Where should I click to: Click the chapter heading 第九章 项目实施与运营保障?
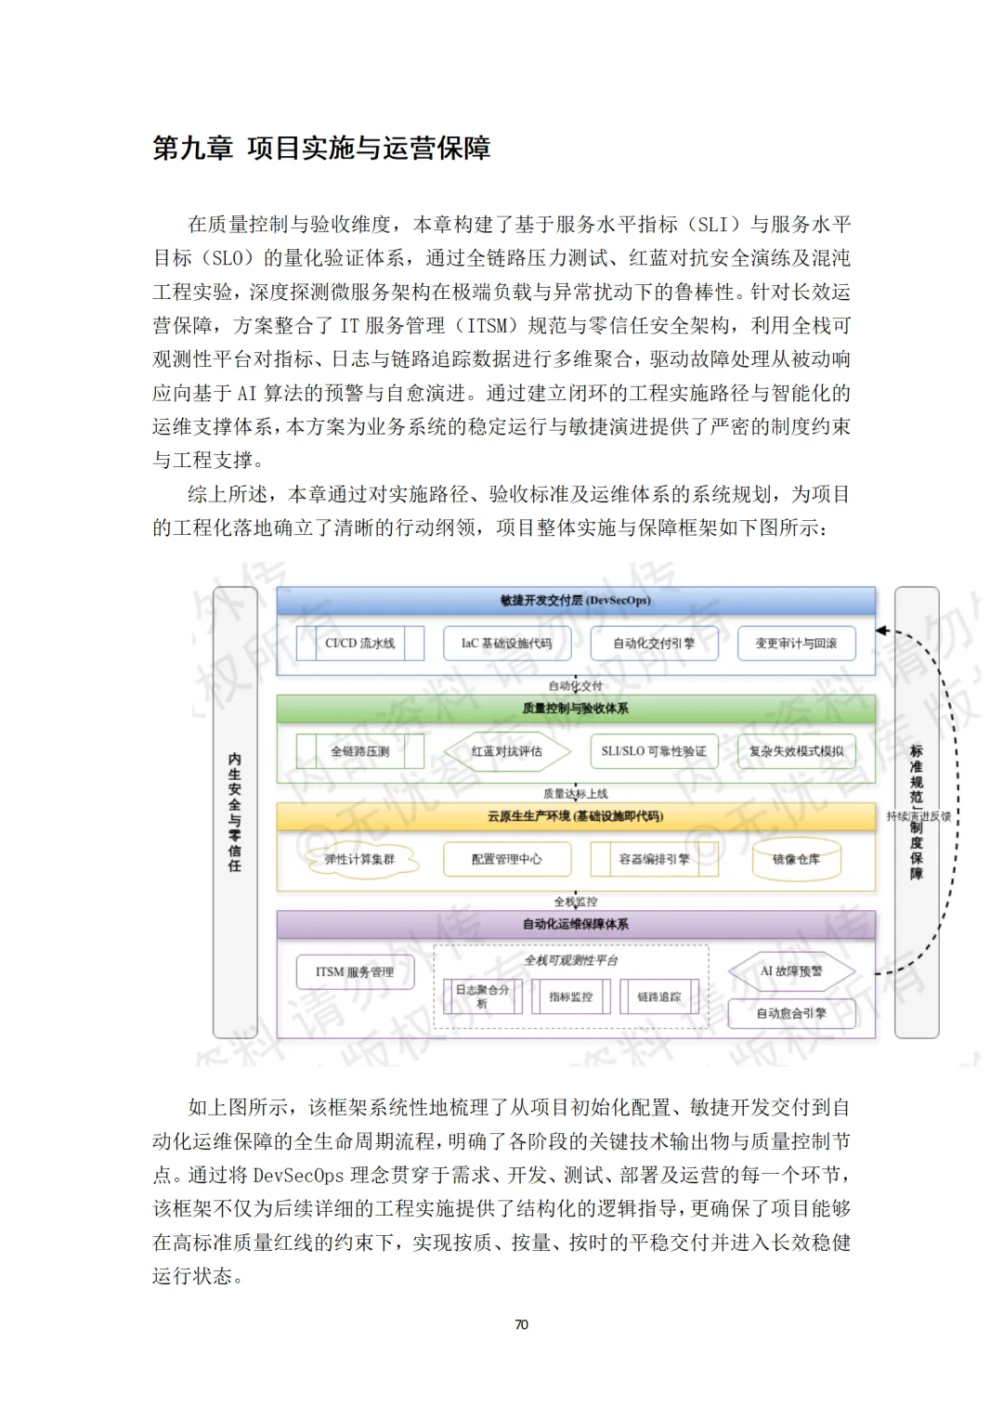[321, 149]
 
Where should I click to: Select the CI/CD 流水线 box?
[359, 643]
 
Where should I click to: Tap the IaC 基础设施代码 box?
[506, 643]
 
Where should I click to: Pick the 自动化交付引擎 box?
[653, 643]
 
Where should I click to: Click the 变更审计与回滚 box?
[796, 643]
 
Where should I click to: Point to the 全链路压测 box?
[359, 751]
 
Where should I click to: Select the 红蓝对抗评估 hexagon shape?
[506, 751]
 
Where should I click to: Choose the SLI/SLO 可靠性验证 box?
[653, 751]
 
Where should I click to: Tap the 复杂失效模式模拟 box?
[796, 751]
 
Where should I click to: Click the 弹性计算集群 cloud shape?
[359, 860]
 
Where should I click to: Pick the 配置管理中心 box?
[506, 860]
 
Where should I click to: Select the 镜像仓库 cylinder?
[796, 860]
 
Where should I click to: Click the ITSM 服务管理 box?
[355, 972]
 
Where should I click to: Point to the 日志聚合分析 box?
[482, 996]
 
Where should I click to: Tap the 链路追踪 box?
[658, 996]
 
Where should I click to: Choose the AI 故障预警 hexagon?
[791, 971]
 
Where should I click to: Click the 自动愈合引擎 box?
[791, 1013]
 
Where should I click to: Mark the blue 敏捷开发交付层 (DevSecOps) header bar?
[576, 601]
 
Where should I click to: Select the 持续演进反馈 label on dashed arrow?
[918, 816]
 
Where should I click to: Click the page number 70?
[521, 1324]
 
